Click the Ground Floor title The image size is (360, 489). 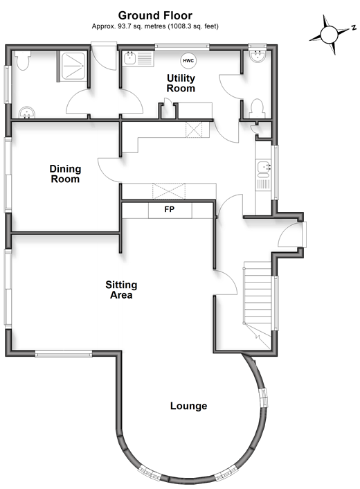tap(155, 15)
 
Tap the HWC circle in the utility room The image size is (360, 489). tap(188, 60)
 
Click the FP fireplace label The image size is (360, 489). tap(169, 209)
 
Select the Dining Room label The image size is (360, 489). tap(65, 174)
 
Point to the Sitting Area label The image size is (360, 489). tap(121, 290)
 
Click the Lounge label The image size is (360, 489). tap(188, 406)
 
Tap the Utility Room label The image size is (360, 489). tap(181, 83)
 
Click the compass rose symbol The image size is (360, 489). tap(330, 35)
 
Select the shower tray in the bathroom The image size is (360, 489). tap(73, 66)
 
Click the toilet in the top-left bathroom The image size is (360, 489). tap(23, 60)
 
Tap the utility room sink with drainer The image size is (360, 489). tap(138, 58)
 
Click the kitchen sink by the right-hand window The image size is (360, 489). tap(263, 175)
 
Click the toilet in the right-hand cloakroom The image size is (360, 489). tap(258, 109)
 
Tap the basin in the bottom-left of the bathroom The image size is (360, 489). tap(26, 113)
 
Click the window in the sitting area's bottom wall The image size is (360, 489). tap(64, 354)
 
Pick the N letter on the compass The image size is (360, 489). tap(354, 28)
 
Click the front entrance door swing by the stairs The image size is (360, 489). tap(289, 235)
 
